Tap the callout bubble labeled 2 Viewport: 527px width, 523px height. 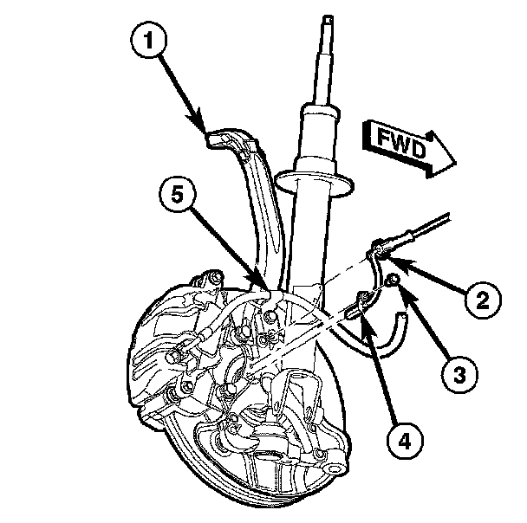point(481,300)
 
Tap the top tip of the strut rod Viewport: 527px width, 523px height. point(328,17)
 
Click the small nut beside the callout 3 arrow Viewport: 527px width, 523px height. point(393,279)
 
